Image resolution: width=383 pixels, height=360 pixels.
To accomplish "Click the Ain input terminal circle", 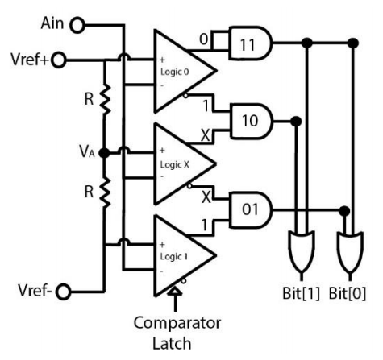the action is tap(77, 25).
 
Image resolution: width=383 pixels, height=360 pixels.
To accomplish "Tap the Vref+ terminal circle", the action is tap(58, 60).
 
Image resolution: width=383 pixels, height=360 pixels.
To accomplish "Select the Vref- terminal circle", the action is tap(64, 292).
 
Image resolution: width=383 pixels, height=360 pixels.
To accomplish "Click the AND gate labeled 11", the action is tap(251, 43).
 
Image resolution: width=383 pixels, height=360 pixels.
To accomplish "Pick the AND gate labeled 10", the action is tap(252, 121).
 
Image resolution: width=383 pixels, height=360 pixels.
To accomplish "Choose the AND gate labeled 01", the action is tap(251, 210).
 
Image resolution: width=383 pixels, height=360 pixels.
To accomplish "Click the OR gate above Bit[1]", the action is tap(302, 252).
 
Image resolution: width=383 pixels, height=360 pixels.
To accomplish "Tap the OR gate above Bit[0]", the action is tap(350, 252).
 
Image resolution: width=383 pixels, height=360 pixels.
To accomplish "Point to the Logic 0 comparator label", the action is tap(175, 72).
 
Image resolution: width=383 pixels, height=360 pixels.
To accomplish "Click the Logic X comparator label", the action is tap(175, 164).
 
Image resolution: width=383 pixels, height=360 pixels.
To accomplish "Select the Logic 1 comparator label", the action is tap(174, 257).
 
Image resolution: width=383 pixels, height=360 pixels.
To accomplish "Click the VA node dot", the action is tap(104, 153).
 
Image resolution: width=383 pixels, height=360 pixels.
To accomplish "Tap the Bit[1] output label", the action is tap(302, 293).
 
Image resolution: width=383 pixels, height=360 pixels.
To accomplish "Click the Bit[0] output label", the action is tap(348, 293).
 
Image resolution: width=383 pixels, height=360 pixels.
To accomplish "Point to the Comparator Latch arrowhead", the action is tap(175, 292).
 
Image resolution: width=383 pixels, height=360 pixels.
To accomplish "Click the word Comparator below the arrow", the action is tap(177, 323).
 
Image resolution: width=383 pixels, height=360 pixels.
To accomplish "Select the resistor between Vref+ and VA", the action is tap(104, 100).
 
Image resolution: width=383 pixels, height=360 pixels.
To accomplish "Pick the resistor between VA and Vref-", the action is tap(104, 192).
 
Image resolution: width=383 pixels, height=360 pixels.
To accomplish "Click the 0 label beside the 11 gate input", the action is tap(204, 39).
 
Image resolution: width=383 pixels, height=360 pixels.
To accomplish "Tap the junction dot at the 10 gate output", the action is tap(296, 122).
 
